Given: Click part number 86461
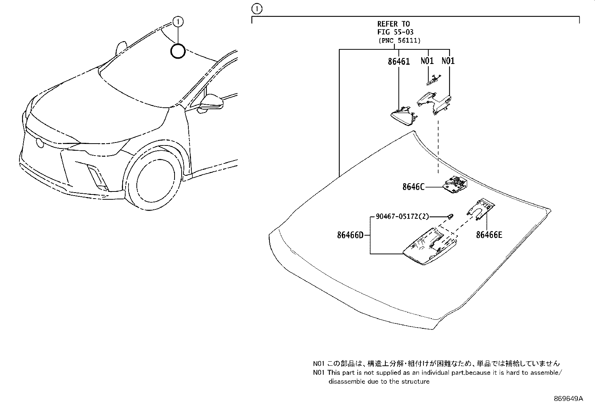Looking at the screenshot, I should tap(399, 62).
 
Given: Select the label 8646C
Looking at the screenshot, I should tap(413, 187).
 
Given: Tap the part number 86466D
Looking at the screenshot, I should tap(350, 235).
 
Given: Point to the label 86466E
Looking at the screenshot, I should tap(489, 235).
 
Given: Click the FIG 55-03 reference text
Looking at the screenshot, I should tap(395, 32).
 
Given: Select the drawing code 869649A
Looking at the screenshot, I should tap(568, 399).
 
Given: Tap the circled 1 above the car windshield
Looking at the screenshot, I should tap(178, 22).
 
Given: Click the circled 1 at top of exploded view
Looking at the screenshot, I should tap(257, 8).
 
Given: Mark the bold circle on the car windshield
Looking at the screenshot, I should tap(178, 51).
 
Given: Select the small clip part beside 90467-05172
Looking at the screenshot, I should tap(450, 216).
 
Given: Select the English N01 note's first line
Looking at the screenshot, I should tap(437, 372).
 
